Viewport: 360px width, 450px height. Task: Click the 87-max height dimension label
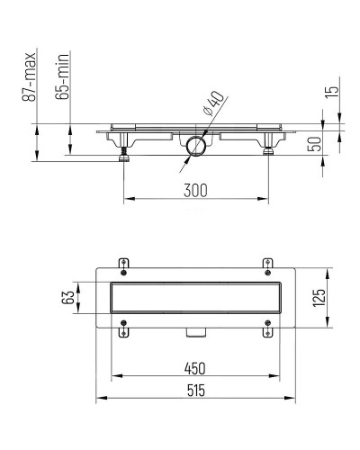click(x=30, y=76)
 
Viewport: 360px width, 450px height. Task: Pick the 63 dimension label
click(x=66, y=298)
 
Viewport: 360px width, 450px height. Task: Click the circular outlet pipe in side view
click(x=195, y=146)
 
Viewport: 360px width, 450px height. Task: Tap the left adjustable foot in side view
click(x=123, y=155)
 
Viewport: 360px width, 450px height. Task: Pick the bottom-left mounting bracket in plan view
click(x=124, y=332)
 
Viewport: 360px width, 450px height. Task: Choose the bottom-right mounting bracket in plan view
click(x=266, y=332)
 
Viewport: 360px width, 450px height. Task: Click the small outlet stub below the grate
click(x=195, y=332)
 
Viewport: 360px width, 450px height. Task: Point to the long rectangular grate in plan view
click(x=195, y=298)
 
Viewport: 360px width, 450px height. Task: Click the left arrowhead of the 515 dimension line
click(x=99, y=400)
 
